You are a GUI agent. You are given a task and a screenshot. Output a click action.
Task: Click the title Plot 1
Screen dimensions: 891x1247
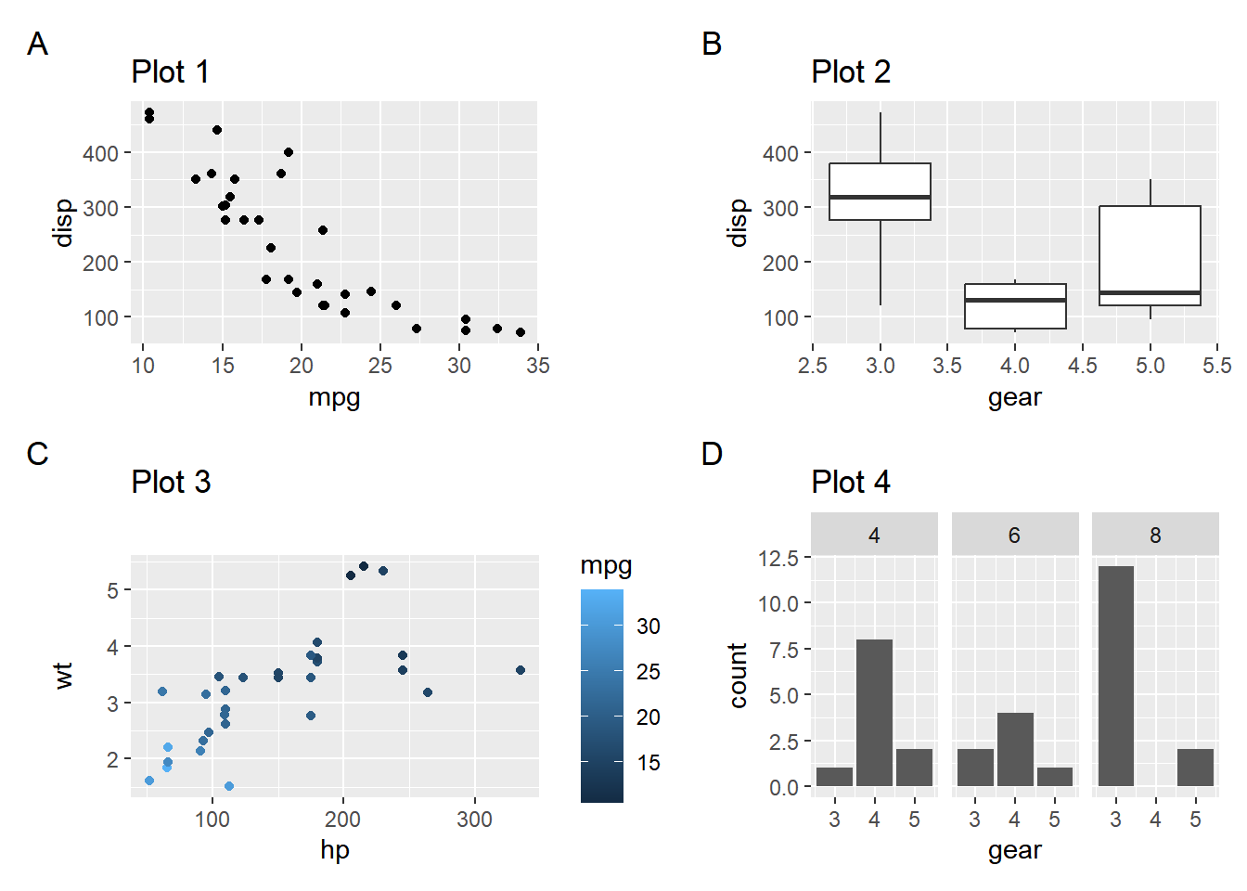(x=171, y=72)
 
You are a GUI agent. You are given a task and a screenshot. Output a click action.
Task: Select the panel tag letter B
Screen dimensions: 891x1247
(x=712, y=44)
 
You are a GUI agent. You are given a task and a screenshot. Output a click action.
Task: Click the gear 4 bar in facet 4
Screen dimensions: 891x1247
(x=874, y=713)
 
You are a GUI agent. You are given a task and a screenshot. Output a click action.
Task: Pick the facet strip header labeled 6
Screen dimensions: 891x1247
(x=1015, y=536)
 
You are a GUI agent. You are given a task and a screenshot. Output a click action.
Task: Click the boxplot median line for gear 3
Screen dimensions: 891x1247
(x=880, y=198)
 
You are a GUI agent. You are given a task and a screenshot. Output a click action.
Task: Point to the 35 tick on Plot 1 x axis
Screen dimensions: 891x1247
(x=538, y=366)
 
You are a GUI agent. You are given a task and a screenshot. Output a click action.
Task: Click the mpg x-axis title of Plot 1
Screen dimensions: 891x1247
(x=334, y=397)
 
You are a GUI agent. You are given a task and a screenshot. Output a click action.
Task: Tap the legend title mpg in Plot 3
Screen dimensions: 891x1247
(x=606, y=566)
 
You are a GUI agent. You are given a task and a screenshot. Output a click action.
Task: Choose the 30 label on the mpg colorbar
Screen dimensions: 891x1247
(x=649, y=626)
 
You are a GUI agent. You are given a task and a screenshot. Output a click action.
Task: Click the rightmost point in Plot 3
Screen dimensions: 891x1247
(x=521, y=670)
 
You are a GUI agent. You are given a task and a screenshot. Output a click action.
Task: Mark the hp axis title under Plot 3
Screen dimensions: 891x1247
(x=334, y=850)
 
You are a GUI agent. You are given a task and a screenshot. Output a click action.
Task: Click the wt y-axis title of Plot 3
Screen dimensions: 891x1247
(x=63, y=675)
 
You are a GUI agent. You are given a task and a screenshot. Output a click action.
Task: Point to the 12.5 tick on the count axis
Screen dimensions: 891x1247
(x=778, y=558)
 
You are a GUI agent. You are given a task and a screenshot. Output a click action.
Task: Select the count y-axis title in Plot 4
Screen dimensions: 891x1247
(x=738, y=675)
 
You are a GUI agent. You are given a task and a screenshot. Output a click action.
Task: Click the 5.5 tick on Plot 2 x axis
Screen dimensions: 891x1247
(x=1217, y=366)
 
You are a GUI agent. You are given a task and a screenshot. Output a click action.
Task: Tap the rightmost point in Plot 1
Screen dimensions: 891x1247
(x=521, y=332)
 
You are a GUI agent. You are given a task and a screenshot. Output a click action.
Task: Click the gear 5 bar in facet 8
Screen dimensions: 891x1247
(x=1195, y=768)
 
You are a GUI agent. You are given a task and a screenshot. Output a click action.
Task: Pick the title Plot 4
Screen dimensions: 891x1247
(x=851, y=483)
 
